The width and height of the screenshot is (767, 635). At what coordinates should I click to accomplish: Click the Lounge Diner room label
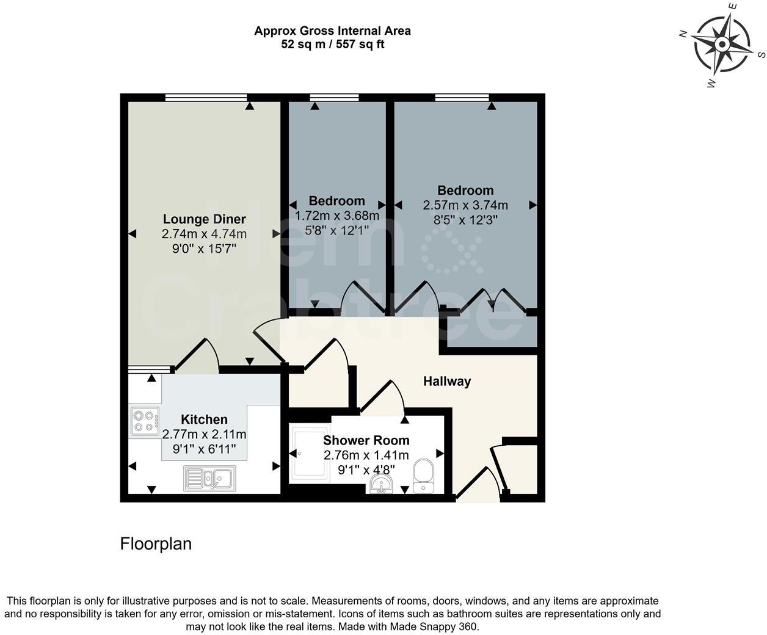click(x=204, y=219)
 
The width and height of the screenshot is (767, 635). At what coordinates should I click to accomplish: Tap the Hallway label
click(x=447, y=382)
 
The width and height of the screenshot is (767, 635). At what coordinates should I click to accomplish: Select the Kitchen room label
click(x=204, y=419)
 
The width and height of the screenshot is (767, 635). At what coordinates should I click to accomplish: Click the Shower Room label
click(x=366, y=440)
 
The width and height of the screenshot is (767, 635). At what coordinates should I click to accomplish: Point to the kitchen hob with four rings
click(x=145, y=421)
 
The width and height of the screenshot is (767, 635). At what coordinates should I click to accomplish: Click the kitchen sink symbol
click(x=209, y=478)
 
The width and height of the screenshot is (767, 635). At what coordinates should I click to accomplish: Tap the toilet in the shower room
click(x=423, y=476)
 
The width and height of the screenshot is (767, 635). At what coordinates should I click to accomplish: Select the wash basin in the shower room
click(x=382, y=485)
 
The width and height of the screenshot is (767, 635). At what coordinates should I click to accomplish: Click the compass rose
click(x=722, y=45)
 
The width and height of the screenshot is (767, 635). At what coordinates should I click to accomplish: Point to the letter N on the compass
click(x=683, y=34)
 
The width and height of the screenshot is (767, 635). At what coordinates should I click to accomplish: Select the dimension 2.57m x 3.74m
click(x=465, y=206)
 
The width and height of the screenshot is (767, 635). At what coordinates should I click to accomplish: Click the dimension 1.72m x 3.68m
click(x=337, y=216)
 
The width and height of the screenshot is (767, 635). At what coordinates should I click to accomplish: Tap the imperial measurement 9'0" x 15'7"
click(x=204, y=249)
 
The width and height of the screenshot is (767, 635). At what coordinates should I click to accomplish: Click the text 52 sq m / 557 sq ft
click(x=332, y=44)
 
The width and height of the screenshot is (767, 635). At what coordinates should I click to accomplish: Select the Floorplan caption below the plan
click(x=156, y=544)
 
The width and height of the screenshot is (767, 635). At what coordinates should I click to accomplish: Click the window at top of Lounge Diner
click(x=206, y=97)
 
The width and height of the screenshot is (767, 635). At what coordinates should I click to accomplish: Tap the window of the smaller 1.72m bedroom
click(x=334, y=97)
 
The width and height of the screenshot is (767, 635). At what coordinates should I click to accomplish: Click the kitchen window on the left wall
click(x=148, y=369)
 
